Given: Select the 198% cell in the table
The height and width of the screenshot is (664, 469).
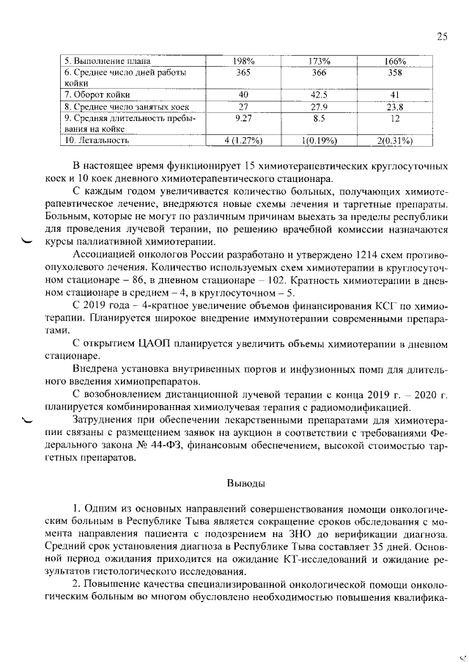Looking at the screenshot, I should coord(243,61).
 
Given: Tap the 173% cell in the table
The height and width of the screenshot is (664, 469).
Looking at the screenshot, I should coord(319,61).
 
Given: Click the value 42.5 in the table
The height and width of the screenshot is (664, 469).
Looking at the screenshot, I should coord(319,95).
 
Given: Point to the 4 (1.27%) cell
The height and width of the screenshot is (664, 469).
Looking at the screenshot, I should coord(243,139).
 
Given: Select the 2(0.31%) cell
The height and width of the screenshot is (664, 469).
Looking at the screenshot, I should coord(395,139).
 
